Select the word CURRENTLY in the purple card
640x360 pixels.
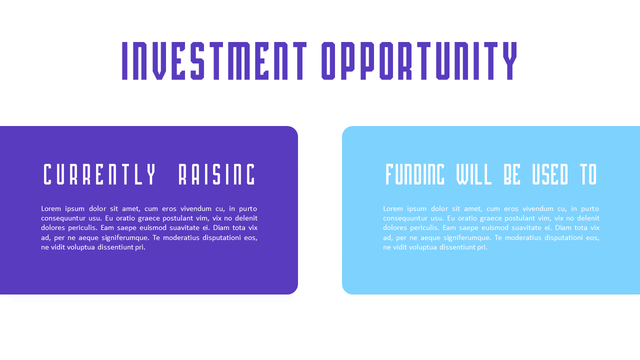click(100, 174)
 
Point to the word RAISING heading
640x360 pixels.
click(217, 174)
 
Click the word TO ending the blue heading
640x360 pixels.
click(588, 174)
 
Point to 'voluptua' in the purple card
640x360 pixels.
click(81, 247)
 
